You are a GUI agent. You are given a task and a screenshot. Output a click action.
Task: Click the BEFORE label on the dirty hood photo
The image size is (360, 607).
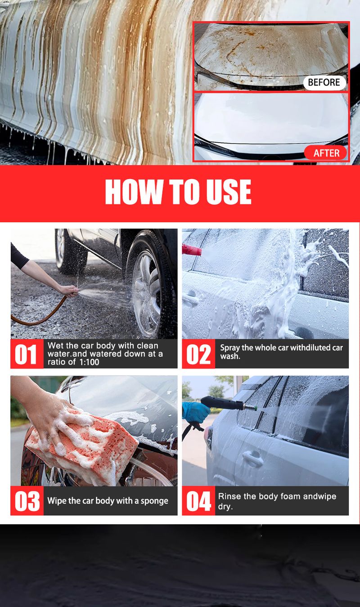324,82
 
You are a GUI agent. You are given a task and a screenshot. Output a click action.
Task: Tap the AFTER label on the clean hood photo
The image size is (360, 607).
326,153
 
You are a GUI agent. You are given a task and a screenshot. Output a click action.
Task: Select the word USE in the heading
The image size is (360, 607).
228,192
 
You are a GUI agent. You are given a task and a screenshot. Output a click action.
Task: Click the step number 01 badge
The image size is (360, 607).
27,354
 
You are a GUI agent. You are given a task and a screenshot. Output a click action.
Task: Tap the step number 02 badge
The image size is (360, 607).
198,354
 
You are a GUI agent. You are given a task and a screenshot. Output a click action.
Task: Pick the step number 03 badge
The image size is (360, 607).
27,501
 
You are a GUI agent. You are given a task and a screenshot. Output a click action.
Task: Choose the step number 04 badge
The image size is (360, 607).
198,501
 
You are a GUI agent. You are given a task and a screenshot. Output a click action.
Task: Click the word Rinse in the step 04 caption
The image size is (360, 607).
229,496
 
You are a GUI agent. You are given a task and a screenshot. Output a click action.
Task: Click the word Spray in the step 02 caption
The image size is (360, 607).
230,347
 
